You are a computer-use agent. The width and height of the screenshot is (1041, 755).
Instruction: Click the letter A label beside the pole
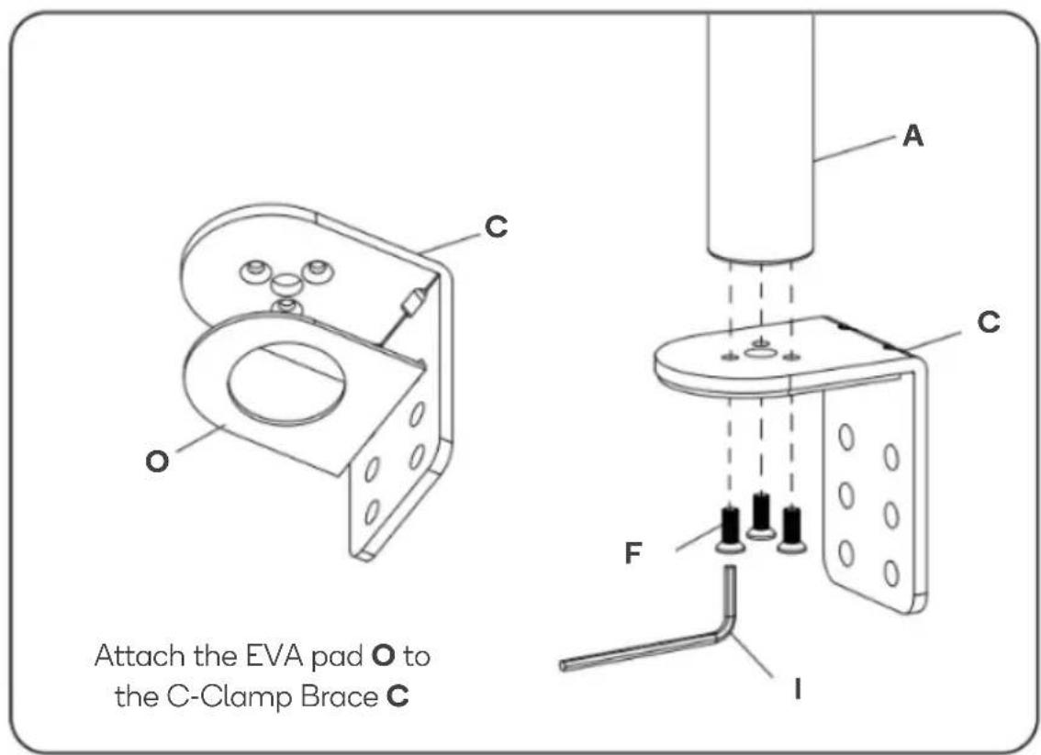pos(912,136)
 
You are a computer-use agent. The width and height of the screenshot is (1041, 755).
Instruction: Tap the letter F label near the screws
pos(633,552)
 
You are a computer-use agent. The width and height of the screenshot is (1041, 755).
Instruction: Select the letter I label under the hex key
pos(798,690)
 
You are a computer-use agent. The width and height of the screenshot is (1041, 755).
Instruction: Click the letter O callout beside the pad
pos(157,461)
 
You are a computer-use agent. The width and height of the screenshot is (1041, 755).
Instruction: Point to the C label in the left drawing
pos(496,227)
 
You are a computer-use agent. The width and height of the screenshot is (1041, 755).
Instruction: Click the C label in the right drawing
pos(989,322)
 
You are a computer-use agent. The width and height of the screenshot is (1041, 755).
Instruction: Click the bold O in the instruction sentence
pos(384,656)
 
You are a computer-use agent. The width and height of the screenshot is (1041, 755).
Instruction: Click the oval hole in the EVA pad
pos(285,384)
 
